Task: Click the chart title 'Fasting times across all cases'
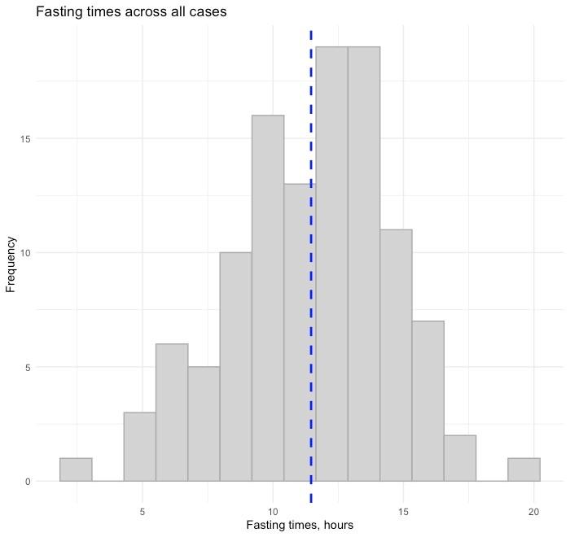[x=131, y=11]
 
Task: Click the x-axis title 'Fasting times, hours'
[x=300, y=525]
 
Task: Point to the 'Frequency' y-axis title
[x=11, y=264]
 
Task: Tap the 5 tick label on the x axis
[x=142, y=512]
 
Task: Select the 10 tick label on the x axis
[x=273, y=512]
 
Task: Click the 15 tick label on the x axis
[x=403, y=512]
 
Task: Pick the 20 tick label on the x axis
[x=533, y=512]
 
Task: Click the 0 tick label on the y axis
[x=28, y=482]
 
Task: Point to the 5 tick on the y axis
[x=28, y=367]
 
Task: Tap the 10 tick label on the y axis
[x=25, y=253]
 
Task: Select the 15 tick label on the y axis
[x=25, y=139]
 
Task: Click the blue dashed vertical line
[x=311, y=267]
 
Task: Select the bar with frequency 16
[x=268, y=298]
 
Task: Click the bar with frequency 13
[x=300, y=333]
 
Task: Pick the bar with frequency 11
[x=396, y=356]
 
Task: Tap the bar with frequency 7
[x=427, y=401]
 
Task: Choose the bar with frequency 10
[x=236, y=367]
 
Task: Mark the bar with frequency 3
[x=140, y=447]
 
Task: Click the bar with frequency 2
[x=460, y=458]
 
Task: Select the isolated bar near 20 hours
[x=524, y=469]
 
